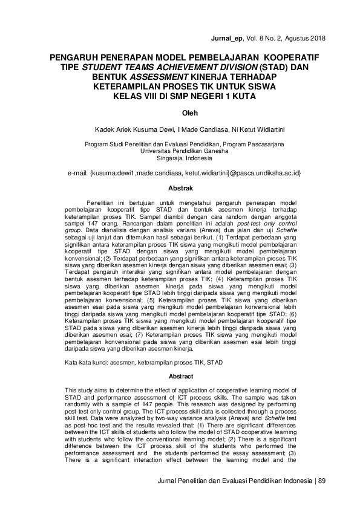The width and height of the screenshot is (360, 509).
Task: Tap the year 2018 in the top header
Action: click(x=316, y=38)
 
